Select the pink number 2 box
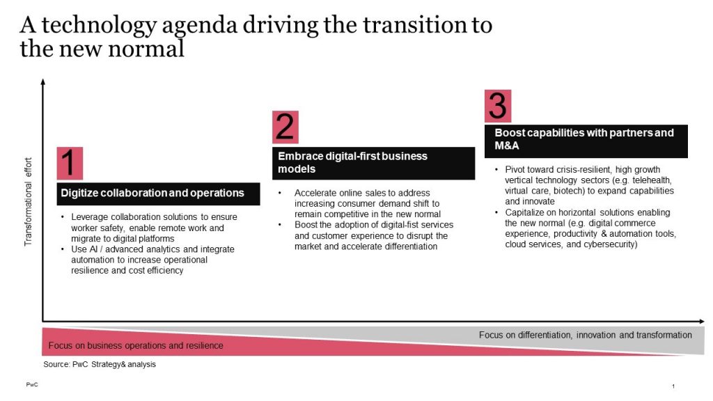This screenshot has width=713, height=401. click(x=285, y=128)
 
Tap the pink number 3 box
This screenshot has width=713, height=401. click(x=498, y=106)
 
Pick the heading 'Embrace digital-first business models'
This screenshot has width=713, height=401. click(x=373, y=163)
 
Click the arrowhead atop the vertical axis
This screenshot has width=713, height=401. click(x=43, y=81)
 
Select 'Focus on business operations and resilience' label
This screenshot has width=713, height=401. click(x=136, y=346)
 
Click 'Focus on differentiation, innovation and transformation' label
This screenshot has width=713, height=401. click(x=585, y=335)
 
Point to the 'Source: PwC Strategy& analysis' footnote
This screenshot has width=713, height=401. click(x=100, y=364)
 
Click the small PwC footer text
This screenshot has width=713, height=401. click(x=31, y=385)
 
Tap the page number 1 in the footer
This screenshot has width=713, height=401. click(x=673, y=386)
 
